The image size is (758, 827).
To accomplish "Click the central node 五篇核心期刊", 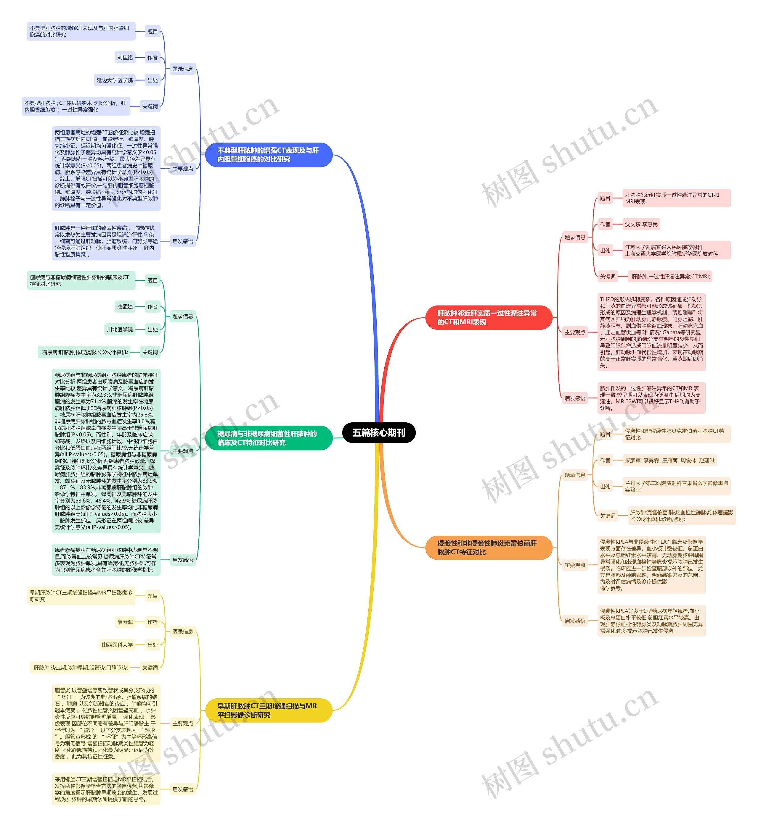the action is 379,432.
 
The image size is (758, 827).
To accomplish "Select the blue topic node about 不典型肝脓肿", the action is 269,155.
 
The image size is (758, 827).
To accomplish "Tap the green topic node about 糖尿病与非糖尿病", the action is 269,438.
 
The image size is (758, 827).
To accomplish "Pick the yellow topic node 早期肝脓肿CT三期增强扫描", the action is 269,710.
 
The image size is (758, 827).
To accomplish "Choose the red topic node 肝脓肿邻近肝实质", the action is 488,317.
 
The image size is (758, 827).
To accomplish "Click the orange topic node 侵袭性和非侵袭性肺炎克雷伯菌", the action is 488,547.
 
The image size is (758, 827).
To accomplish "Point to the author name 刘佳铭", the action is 125,57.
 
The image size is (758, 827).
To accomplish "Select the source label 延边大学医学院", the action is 115,80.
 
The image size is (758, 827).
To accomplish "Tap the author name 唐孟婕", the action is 125,306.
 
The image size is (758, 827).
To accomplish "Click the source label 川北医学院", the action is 120,329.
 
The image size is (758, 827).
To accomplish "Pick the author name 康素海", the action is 125,622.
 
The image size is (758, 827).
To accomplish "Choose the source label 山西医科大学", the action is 118,645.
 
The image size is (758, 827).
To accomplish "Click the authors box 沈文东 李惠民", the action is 641,224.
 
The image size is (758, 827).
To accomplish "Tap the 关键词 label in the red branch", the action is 607,277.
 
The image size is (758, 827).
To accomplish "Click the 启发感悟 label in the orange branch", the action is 574,621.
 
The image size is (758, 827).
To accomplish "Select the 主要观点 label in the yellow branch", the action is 183,723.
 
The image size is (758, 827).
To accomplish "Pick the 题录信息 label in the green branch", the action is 183,316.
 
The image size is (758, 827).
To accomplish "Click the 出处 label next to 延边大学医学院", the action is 152,80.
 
